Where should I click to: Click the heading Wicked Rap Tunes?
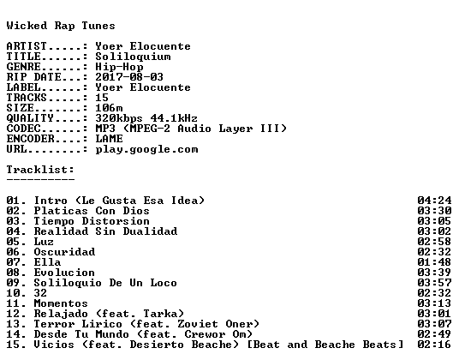[x=61, y=26]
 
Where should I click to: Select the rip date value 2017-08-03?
[x=129, y=77]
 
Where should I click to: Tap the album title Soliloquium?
[x=133, y=57]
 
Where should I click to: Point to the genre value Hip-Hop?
[x=119, y=68]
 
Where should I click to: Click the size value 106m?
[x=109, y=108]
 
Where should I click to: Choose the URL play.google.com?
[x=146, y=150]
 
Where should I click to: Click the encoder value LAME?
[x=110, y=139]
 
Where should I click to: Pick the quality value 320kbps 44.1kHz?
[x=146, y=118]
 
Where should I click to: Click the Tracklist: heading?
[x=40, y=170]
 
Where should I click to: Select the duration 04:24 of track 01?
[x=434, y=201]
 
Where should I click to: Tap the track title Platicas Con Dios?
[x=92, y=211]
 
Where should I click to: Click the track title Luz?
[x=44, y=242]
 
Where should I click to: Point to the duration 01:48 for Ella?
[x=434, y=262]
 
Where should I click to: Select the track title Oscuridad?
[x=64, y=252]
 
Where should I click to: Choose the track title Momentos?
[x=61, y=303]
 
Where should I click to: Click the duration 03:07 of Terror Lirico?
[x=434, y=324]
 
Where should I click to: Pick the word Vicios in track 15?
[x=54, y=345]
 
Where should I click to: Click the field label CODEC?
[x=23, y=129]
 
